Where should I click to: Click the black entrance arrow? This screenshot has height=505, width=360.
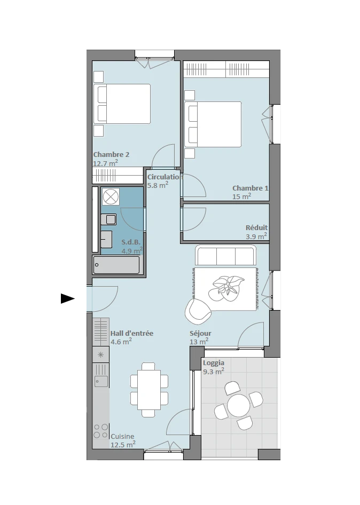point(68,298)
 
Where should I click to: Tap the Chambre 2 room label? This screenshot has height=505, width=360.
point(111,155)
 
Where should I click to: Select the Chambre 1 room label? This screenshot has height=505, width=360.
point(250,188)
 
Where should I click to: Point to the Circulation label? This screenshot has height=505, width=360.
point(165,177)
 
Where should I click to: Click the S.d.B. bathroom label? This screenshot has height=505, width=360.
point(131,242)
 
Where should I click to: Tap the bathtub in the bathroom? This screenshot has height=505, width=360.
point(116,265)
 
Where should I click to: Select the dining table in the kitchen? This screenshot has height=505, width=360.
point(149,390)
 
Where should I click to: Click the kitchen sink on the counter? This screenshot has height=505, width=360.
point(101,381)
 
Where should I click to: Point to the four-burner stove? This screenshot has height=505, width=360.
point(101,431)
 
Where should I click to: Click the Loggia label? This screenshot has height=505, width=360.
point(213,363)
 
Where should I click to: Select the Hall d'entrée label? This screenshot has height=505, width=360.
point(132,333)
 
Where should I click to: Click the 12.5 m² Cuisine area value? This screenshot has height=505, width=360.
point(123,445)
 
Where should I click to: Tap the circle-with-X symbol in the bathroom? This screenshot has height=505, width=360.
point(111,197)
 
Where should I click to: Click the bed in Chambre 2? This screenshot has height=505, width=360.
point(122,104)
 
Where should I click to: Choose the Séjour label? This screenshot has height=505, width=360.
point(200,333)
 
